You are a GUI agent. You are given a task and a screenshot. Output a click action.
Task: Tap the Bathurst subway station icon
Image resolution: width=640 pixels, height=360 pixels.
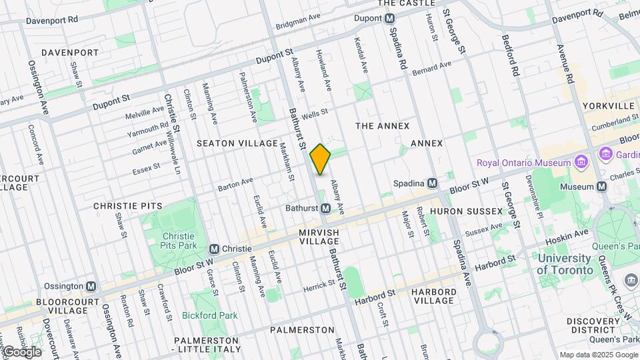click(325, 209)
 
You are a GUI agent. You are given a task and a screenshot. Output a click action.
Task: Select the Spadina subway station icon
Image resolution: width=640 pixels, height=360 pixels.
click(433, 183)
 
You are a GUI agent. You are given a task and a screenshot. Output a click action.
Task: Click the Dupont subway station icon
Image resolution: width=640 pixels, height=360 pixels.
click(389, 19)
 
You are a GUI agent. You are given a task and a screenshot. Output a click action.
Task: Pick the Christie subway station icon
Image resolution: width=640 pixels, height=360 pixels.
click(215, 248)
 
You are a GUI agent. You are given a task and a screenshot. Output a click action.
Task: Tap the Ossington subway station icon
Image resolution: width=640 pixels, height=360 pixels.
click(91, 286)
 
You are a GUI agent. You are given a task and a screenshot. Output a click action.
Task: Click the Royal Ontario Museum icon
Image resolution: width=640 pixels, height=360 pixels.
click(580, 163)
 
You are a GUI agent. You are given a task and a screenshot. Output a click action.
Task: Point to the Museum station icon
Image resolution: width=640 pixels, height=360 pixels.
click(602, 187)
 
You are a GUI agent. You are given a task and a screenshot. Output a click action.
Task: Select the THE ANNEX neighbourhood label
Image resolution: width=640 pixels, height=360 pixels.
click(382, 125)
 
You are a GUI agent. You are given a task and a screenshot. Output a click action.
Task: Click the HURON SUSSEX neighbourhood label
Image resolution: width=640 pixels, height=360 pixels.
click(466, 211)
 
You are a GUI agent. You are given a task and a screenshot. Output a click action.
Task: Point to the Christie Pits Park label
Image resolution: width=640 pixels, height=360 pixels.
click(179, 241)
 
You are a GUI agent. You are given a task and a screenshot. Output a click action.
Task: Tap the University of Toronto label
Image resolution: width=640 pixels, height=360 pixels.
click(565, 264)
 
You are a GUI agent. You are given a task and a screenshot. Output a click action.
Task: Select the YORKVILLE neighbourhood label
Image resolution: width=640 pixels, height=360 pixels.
click(608, 106)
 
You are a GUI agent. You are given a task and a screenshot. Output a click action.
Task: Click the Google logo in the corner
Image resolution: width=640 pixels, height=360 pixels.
click(22, 352)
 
